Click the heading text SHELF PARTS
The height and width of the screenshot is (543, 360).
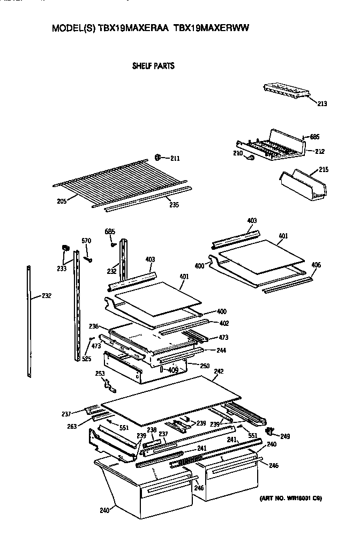point(153,66)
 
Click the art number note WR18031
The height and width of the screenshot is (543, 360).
point(290,499)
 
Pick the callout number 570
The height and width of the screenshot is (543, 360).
point(86,240)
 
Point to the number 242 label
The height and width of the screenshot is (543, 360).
point(219,371)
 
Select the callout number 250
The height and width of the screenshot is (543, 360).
point(204,366)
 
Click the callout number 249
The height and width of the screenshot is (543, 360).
point(285,436)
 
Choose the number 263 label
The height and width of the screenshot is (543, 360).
point(71,427)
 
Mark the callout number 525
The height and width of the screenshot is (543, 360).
point(86,359)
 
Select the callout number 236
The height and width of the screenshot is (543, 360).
point(94,326)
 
